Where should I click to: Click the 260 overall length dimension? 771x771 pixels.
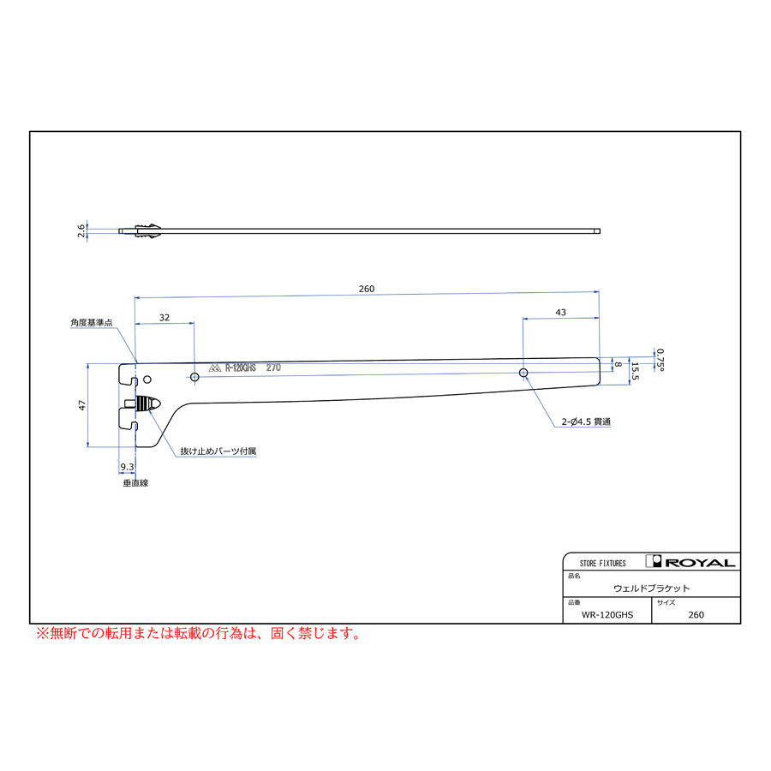click(367, 289)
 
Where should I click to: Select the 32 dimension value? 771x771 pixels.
click(164, 318)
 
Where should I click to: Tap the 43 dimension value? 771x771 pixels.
click(560, 312)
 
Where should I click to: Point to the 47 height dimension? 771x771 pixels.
click(82, 405)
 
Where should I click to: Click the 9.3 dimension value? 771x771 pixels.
click(127, 467)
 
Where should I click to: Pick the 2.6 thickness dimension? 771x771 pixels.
click(81, 231)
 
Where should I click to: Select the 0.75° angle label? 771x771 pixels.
click(660, 360)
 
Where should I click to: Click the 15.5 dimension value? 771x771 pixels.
click(635, 371)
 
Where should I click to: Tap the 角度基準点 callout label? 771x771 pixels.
click(92, 323)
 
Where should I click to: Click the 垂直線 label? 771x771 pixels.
click(135, 483)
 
